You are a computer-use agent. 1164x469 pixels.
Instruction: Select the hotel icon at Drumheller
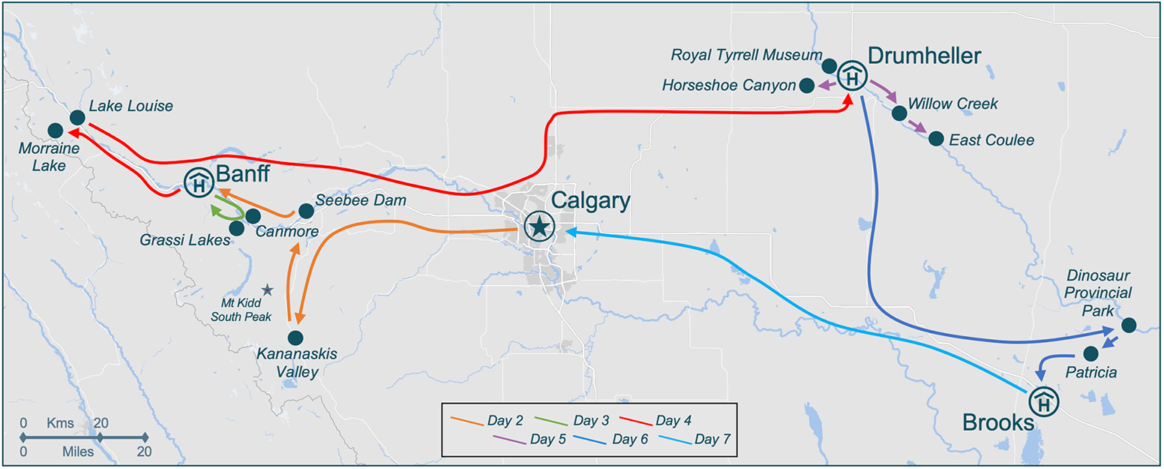852,75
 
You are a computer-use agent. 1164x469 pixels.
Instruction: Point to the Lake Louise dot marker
77,117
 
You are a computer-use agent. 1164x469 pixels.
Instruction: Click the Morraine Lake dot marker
55,130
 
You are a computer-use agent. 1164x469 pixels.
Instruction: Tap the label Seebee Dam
361,200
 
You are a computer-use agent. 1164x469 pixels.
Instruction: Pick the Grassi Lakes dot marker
236,228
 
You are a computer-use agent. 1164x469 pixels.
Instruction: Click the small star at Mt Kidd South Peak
267,289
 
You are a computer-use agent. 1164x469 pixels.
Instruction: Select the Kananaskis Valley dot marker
295,338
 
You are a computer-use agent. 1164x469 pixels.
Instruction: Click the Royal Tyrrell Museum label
746,56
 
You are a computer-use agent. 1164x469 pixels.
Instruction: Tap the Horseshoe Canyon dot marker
806,86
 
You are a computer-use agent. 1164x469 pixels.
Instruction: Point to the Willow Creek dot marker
898,113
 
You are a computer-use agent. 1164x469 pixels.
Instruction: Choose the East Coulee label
991,140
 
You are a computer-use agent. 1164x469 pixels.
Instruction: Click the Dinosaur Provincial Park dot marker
1128,325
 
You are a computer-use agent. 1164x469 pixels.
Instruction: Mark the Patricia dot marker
1091,352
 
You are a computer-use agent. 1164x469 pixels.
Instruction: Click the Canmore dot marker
253,216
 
